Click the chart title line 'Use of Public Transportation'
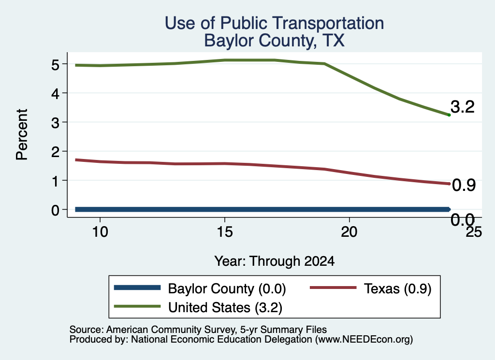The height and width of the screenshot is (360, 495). [274, 23]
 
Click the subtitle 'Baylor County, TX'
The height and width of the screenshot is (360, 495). [274, 41]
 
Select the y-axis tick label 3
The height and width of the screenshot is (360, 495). [55, 122]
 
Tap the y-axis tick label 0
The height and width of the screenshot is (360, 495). [55, 210]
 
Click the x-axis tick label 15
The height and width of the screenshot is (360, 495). [225, 232]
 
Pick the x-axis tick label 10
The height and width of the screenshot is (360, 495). [100, 232]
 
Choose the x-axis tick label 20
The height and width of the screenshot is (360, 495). [349, 232]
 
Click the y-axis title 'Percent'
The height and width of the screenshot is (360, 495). [22, 134]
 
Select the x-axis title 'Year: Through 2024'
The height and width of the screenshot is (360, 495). [275, 261]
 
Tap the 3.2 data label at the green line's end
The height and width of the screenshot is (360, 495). [463, 107]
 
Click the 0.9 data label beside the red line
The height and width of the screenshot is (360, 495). [464, 185]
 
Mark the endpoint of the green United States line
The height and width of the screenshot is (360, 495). [449, 115]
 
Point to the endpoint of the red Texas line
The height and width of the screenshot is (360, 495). [449, 184]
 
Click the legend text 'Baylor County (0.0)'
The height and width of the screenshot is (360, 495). [227, 288]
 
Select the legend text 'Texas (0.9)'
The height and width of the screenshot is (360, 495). [397, 288]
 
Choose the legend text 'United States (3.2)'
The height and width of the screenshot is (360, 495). [225, 307]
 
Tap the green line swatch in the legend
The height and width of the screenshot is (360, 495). [137, 306]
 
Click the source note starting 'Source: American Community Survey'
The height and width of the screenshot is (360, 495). [198, 330]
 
